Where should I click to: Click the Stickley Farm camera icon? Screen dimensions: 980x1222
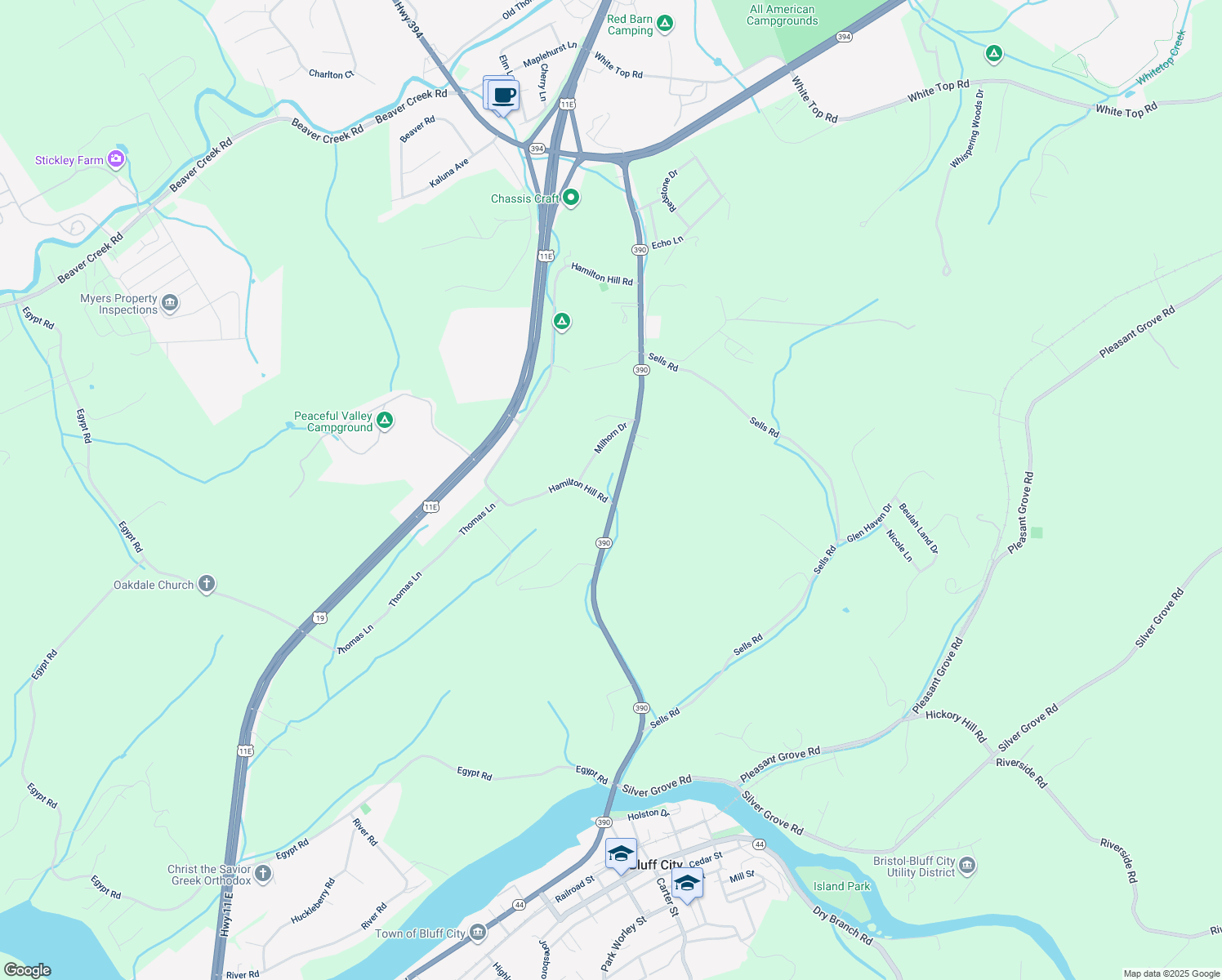116,159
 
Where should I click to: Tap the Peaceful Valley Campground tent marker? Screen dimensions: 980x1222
385,421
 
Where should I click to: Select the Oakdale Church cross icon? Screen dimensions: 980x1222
207,584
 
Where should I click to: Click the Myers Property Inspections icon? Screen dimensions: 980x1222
170,303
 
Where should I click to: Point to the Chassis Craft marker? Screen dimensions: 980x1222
571,198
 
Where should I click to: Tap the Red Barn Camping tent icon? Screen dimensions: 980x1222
665,24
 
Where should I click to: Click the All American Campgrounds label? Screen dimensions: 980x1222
782,16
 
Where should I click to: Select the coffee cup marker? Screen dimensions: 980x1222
504,96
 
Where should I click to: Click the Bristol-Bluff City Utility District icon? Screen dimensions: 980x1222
967,865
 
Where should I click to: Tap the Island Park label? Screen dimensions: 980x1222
841,886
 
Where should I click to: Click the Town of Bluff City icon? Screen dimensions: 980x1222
478,932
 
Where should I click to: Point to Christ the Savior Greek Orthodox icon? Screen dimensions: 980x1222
262,874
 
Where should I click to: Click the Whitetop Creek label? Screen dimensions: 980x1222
1161,57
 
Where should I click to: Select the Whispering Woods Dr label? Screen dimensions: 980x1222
967,129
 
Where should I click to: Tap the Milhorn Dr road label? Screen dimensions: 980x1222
610,438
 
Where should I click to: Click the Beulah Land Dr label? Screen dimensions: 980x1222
918,528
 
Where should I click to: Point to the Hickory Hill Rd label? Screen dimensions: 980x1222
956,724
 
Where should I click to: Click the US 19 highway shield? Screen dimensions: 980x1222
320,617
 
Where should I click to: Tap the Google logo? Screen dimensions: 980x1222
27,970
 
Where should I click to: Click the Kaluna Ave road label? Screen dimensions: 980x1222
449,173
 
